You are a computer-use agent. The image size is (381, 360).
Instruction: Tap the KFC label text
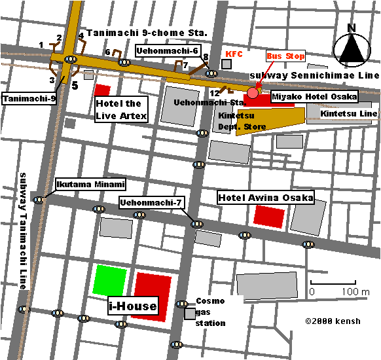tap(234, 53)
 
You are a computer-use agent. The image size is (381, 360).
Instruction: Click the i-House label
tap(132, 306)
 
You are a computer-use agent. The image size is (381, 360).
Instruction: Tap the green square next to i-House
tap(109, 280)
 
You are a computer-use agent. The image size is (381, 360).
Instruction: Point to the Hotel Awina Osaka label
tap(265, 197)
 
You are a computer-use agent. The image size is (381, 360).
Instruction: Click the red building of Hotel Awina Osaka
tap(270, 217)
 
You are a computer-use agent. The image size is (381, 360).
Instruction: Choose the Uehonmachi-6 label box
tap(167, 50)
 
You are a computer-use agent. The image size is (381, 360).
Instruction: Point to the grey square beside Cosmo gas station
tap(189, 314)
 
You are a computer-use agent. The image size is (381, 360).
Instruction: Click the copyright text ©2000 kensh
tap(332, 322)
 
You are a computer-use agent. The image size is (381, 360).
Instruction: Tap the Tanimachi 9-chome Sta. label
tap(147, 33)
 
